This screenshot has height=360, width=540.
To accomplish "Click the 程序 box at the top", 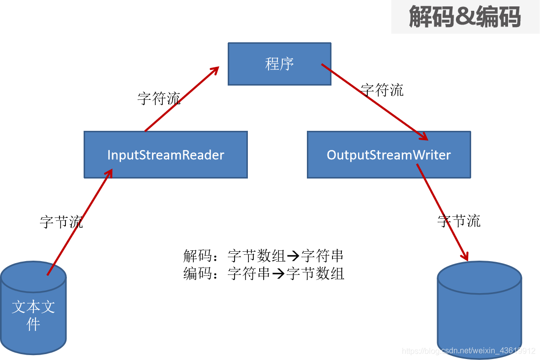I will point(279,64).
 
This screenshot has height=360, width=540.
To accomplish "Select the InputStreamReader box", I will point(166,155).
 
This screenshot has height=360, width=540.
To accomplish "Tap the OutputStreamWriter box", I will point(389,155).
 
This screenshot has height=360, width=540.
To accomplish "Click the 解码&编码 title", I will point(465,17).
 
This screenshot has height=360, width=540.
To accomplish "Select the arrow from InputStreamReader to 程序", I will point(181,99).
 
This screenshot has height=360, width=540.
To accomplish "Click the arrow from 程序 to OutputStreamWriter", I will point(374,100).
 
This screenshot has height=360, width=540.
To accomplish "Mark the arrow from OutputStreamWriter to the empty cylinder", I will point(442,212).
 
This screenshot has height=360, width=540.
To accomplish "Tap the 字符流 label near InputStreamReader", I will point(159,98).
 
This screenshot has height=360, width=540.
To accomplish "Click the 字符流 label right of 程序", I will point(382,90).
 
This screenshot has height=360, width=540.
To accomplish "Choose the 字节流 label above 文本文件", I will point(61,222).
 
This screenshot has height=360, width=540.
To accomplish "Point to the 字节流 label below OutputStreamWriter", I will point(459,221).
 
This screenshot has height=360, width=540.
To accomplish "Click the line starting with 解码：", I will point(263,256).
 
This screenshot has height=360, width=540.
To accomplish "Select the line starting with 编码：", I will point(264,273).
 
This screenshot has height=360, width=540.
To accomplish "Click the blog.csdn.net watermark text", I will point(468,351).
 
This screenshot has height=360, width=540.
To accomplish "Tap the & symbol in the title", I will point(464,17).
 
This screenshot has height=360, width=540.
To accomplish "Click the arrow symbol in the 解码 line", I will point(293,256).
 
